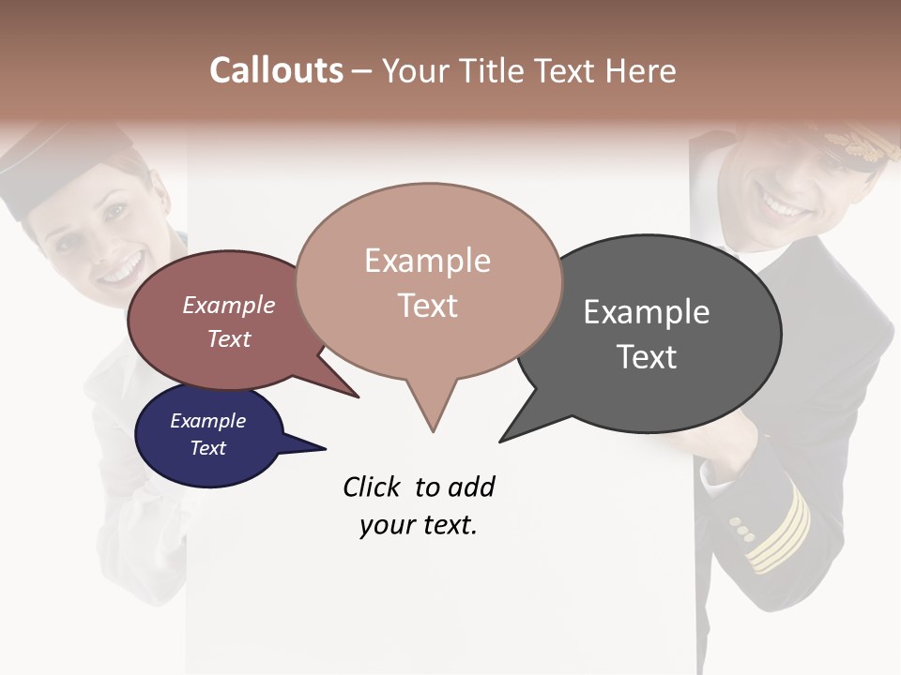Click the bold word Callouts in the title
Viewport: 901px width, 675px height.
tap(276, 70)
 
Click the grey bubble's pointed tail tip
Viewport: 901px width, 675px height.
tap(502, 440)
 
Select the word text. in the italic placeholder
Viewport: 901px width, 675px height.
tap(448, 525)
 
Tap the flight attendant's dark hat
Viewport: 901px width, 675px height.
tap(56, 159)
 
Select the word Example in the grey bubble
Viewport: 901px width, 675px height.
tap(647, 312)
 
